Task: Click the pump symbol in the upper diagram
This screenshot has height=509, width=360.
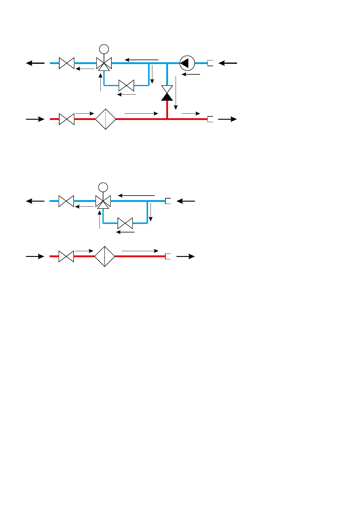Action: pos(187,63)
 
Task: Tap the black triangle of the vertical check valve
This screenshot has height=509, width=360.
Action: pos(167,97)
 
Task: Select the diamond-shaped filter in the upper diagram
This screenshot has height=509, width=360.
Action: pos(105,119)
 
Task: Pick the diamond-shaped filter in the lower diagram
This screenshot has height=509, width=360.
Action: pos(105,256)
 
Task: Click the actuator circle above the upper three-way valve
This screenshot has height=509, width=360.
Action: pos(104,49)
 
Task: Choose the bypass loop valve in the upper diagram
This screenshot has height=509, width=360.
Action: pos(126,86)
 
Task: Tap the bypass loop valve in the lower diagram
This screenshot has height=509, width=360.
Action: pos(125,223)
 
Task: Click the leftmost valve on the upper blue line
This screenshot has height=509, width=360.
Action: pos(66,63)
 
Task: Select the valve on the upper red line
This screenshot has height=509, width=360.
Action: pos(66,119)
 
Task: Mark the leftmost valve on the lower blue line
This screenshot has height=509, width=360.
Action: pos(66,201)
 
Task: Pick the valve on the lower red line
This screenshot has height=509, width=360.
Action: pos(66,256)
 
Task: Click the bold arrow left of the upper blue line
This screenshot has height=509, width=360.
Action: pos(35,63)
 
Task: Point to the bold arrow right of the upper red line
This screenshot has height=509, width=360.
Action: pos(227,119)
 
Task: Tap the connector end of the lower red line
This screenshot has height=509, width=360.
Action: pos(168,256)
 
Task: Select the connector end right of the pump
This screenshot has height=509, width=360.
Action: pos(210,63)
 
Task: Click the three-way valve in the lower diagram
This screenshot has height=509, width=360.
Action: pos(103,202)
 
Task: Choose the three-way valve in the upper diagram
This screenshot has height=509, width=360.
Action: pos(104,64)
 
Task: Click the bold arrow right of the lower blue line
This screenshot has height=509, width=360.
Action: pos(186,201)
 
